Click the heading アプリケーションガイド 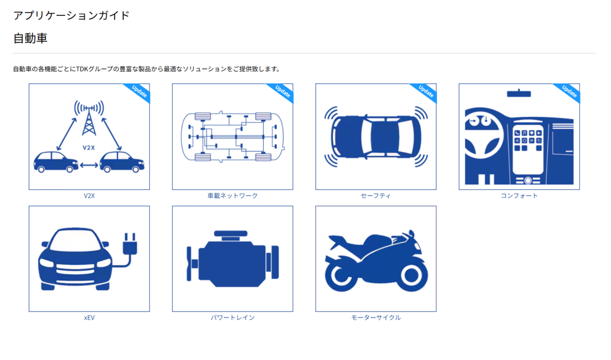pyautogui.click(x=71, y=16)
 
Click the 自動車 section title pyautogui.click(x=30, y=38)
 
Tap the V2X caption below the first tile pyautogui.click(x=89, y=196)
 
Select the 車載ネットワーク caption pyautogui.click(x=232, y=196)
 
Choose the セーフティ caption pyautogui.click(x=376, y=196)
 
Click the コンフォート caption pyautogui.click(x=519, y=196)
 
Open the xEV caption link pyautogui.click(x=89, y=318)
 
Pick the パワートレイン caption pyautogui.click(x=232, y=317)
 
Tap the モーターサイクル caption pyautogui.click(x=376, y=317)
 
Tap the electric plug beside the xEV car pyautogui.click(x=130, y=243)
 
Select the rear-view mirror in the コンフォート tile pyautogui.click(x=519, y=93)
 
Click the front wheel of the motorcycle pyautogui.click(x=412, y=275)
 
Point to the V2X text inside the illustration pyautogui.click(x=89, y=148)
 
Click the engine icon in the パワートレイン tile pyautogui.click(x=233, y=259)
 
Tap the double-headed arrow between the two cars pyautogui.click(x=89, y=165)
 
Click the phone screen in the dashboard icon pyautogui.click(x=528, y=150)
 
